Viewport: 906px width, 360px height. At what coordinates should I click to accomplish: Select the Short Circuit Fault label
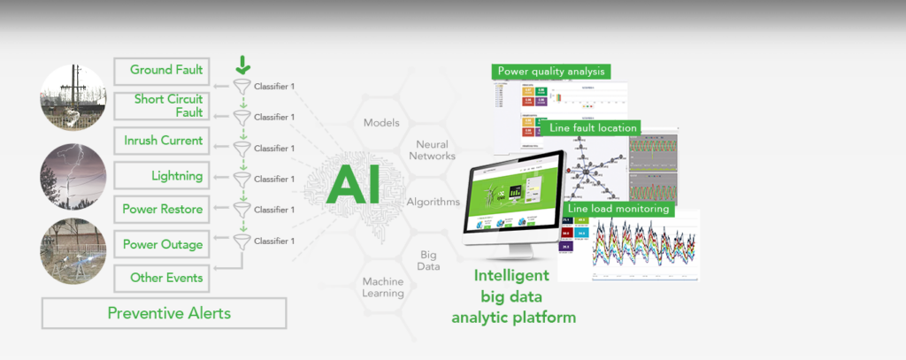[x=168, y=105]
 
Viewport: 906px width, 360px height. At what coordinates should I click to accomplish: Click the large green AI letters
[x=354, y=184]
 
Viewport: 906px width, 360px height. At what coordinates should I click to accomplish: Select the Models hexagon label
[x=382, y=123]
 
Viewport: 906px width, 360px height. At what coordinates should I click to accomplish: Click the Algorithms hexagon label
[x=433, y=202]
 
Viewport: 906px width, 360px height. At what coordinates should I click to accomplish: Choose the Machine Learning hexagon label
[x=382, y=287]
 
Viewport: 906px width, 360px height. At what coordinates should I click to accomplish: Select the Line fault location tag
[x=592, y=127]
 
